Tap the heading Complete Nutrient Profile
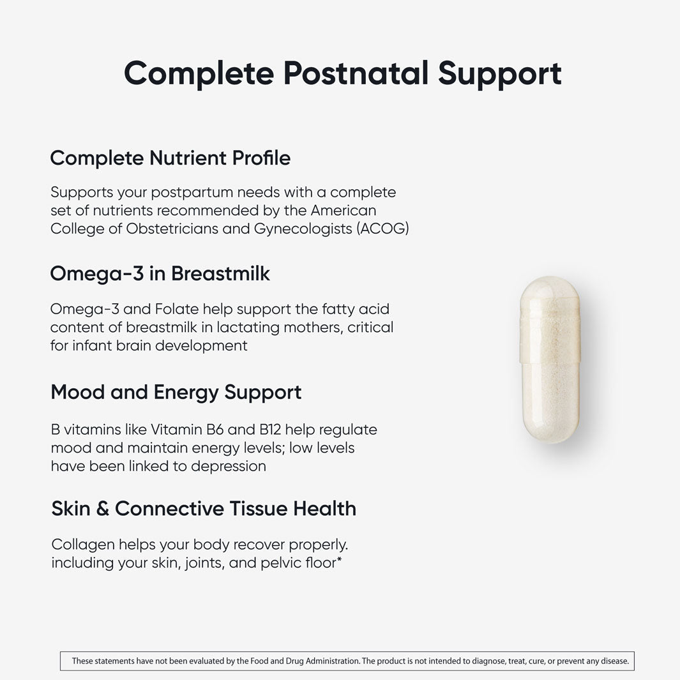point(170,158)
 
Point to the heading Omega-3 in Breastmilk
point(160,274)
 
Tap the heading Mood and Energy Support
point(176,392)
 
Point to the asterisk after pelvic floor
point(339,561)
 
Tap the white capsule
point(549,359)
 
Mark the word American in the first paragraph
point(344,210)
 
